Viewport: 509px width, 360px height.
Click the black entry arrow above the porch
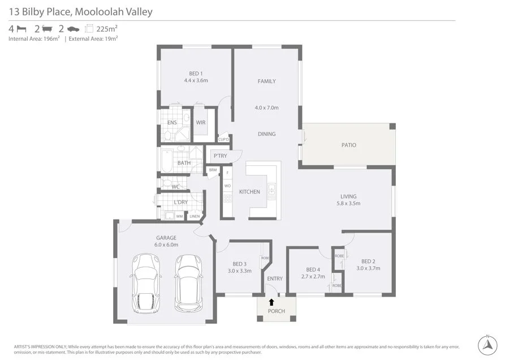click(x=271, y=302)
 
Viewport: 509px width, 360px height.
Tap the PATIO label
click(x=349, y=145)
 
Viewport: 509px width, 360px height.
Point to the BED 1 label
click(x=196, y=73)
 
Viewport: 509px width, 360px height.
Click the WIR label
click(x=201, y=123)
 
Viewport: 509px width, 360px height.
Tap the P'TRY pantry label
click(x=220, y=156)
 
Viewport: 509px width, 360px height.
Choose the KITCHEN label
click(x=249, y=192)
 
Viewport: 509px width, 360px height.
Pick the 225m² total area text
click(x=107, y=29)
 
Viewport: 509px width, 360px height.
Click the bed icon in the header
click(x=21, y=29)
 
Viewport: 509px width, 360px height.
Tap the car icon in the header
click(x=73, y=29)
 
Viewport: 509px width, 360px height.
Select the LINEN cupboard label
click(x=195, y=216)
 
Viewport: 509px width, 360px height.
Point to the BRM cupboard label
click(x=213, y=170)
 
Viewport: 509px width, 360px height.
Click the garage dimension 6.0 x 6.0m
click(x=166, y=245)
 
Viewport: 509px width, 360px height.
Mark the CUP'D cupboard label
click(x=223, y=139)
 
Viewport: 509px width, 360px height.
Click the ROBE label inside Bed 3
click(x=265, y=258)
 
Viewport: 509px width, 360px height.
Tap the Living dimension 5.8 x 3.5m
click(x=348, y=203)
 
